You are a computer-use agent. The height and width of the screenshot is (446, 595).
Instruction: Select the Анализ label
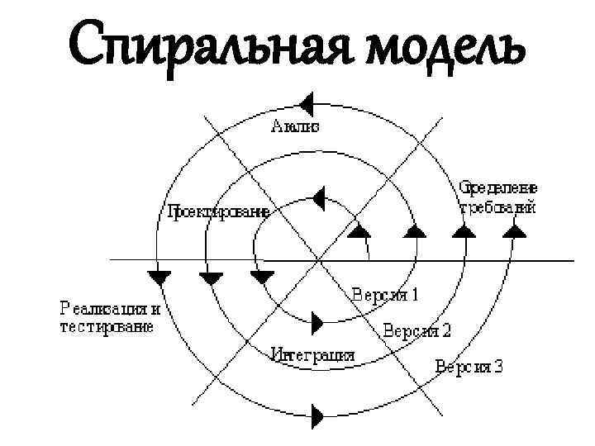tap(295, 126)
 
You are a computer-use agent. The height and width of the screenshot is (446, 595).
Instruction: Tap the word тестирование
tap(107, 327)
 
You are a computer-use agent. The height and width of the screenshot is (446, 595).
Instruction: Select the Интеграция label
tap(313, 355)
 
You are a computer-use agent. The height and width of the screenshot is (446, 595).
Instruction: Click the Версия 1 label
tap(386, 293)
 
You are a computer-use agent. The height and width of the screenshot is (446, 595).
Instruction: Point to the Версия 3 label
tap(469, 366)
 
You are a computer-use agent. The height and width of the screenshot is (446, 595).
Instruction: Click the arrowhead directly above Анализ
tap(307, 104)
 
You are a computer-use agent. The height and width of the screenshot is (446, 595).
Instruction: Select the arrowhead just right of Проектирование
tap(318, 198)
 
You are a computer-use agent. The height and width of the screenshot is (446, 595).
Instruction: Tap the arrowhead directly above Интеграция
tap(317, 320)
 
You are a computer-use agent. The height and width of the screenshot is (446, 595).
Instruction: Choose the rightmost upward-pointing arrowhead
tap(515, 231)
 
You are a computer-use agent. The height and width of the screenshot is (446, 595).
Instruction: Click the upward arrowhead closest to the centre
tap(359, 231)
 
